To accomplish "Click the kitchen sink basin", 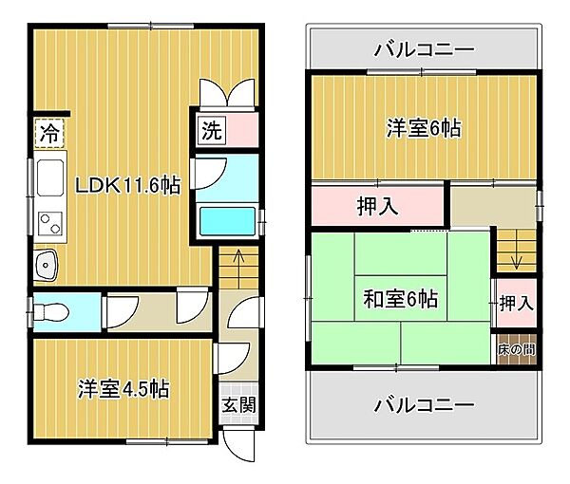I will coord(45,265).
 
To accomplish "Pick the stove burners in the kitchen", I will coord(47,224).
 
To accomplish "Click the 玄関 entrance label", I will coord(237,404).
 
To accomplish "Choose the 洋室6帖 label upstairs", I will coord(423,128).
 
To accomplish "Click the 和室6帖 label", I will coord(400,299).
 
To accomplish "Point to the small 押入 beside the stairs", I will coord(516,304).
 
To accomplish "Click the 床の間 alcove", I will coord(516,348).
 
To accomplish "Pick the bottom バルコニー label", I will coord(423,405).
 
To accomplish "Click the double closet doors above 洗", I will coord(227,96).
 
